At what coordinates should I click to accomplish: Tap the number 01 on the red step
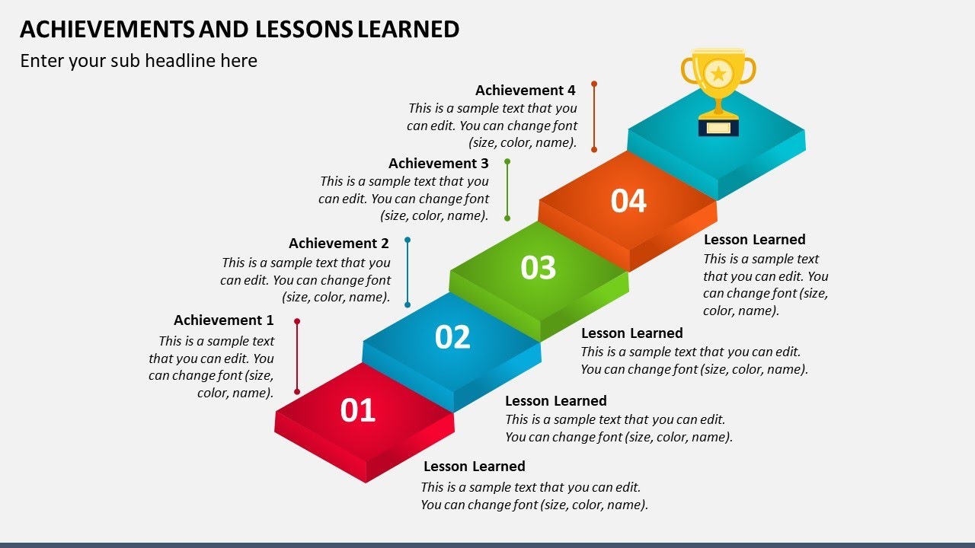358,410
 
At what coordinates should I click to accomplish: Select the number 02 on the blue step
452,337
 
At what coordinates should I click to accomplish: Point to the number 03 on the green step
539,268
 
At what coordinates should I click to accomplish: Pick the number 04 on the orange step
628,201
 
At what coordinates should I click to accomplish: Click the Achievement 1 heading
223,320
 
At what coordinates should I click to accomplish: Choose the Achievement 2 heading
338,244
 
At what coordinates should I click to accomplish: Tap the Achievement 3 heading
438,164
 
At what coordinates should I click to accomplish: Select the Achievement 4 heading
525,91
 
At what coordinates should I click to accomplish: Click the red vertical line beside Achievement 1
297,356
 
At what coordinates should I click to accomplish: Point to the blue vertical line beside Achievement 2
408,272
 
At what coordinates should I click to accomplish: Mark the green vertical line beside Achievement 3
507,190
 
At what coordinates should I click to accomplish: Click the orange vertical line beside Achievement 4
594,116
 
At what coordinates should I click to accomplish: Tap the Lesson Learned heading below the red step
474,467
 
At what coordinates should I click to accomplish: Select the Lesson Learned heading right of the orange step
754,240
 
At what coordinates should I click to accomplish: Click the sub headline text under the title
139,61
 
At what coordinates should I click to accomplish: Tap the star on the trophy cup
718,74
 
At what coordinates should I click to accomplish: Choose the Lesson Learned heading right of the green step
631,333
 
